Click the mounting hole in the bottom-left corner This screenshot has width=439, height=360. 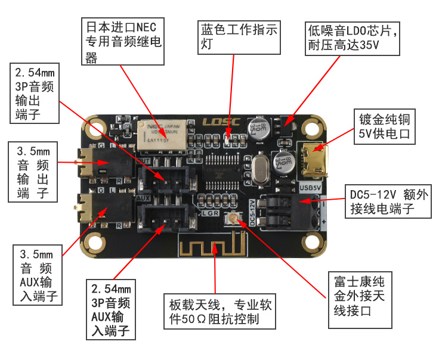point(94,243)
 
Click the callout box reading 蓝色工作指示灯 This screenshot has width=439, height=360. point(239,38)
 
